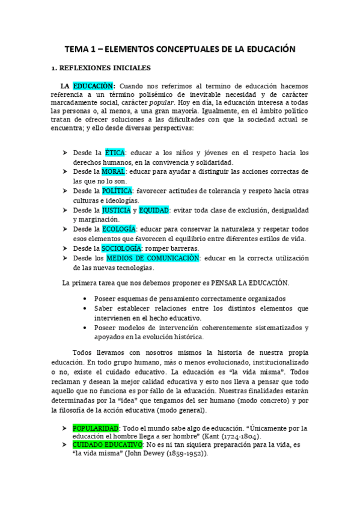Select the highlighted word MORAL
point(115,171)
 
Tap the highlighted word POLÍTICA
point(117,191)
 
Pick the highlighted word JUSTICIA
point(117,210)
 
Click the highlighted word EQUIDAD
point(153,210)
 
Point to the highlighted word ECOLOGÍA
point(119,229)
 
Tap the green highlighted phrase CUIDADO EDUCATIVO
point(108,444)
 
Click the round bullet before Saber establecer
point(87,309)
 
